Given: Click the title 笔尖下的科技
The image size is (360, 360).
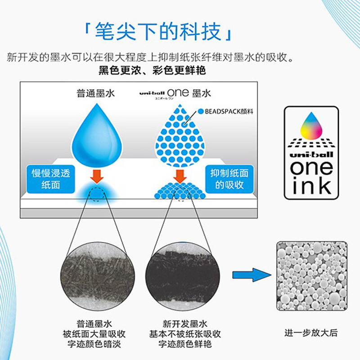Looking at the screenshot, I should [159, 32].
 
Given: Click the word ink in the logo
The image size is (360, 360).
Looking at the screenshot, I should [311, 184].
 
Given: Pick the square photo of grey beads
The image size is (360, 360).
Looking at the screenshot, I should [311, 276].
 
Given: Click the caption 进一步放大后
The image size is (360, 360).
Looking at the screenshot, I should [311, 333].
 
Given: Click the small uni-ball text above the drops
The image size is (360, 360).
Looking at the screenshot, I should [152, 93].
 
